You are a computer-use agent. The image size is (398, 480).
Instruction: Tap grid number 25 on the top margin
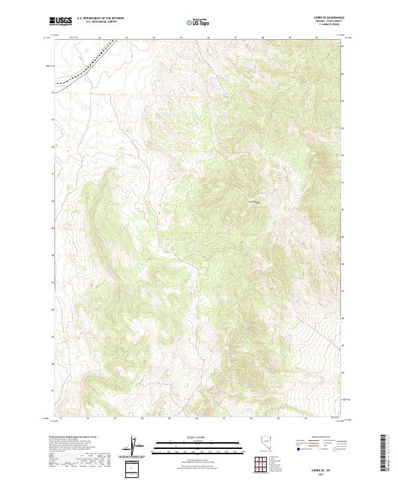(181, 38)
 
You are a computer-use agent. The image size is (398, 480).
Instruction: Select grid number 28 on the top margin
(263, 38)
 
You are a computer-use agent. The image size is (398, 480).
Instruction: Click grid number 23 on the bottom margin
(115, 419)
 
